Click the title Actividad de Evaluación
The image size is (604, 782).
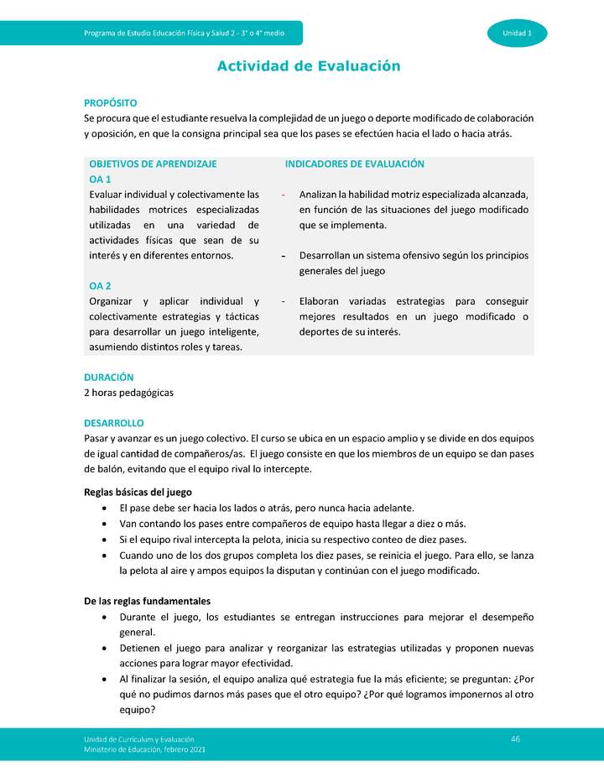pyautogui.click(x=309, y=66)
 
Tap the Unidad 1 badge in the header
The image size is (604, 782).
pyautogui.click(x=517, y=33)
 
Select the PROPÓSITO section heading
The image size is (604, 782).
pyautogui.click(x=110, y=102)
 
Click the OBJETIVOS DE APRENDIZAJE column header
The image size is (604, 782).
pyautogui.click(x=153, y=164)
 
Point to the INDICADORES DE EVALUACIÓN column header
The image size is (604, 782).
pyautogui.click(x=354, y=164)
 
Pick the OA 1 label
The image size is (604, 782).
pyautogui.click(x=100, y=180)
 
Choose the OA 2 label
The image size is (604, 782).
pyautogui.click(x=100, y=286)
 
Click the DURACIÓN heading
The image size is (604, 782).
pyautogui.click(x=108, y=378)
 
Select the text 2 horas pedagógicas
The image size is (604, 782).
pyautogui.click(x=128, y=393)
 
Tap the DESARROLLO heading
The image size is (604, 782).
pyautogui.click(x=114, y=424)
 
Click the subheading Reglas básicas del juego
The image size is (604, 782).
pyautogui.click(x=138, y=492)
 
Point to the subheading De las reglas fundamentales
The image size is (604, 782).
pyautogui.click(x=147, y=601)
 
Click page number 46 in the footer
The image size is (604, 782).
pyautogui.click(x=516, y=738)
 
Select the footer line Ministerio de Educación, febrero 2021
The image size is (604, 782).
pyautogui.click(x=144, y=749)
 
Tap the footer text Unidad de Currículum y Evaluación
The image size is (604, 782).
pyautogui.click(x=139, y=738)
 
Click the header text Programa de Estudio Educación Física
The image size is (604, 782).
pyautogui.click(x=184, y=33)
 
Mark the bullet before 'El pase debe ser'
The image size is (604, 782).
pyautogui.click(x=102, y=508)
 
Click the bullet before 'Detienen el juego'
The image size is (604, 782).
pyautogui.click(x=102, y=649)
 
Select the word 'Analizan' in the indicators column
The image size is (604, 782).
pyautogui.click(x=320, y=195)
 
